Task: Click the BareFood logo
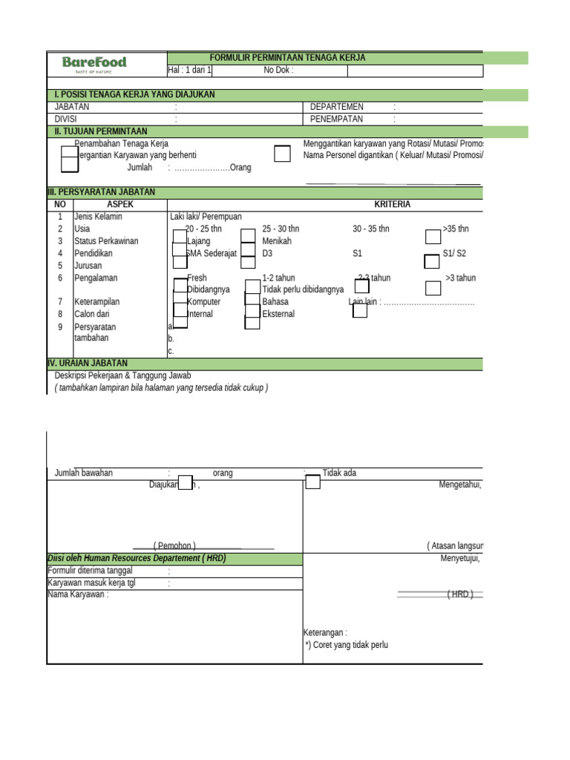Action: pyautogui.click(x=94, y=64)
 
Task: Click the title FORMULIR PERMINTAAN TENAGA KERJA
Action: pyautogui.click(x=288, y=58)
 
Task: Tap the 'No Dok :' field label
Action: pyautogui.click(x=278, y=71)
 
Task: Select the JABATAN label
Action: pyautogui.click(x=72, y=107)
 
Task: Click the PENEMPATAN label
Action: pyautogui.click(x=337, y=119)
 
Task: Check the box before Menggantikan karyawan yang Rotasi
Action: pyautogui.click(x=283, y=154)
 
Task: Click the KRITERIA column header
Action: pyautogui.click(x=393, y=204)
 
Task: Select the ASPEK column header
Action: pyautogui.click(x=119, y=204)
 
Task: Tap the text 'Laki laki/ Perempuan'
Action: pyautogui.click(x=206, y=217)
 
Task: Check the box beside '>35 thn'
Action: pyautogui.click(x=433, y=237)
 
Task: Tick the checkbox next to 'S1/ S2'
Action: pyautogui.click(x=432, y=261)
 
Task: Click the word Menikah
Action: pyautogui.click(x=277, y=241)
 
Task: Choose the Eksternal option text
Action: pyautogui.click(x=278, y=314)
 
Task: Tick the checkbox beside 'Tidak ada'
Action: pyautogui.click(x=313, y=482)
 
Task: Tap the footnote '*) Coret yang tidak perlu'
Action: pyautogui.click(x=347, y=645)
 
